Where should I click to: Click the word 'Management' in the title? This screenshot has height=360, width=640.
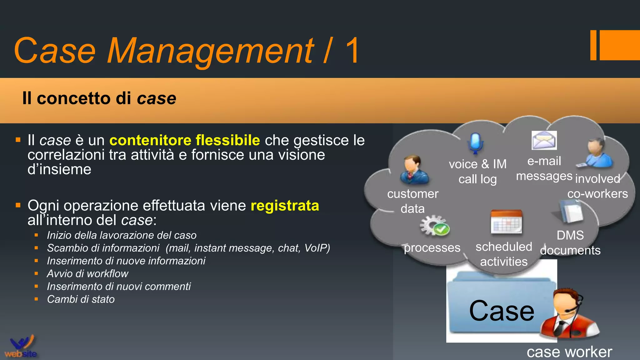pos(210,51)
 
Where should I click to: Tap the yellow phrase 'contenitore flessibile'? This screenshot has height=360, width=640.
pos(184,140)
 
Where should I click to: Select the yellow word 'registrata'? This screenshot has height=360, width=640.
pos(285,206)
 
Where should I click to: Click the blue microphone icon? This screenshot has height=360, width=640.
pos(475,143)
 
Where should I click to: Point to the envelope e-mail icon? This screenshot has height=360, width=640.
pos(544,140)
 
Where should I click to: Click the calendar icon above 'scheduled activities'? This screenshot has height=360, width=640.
pos(506,222)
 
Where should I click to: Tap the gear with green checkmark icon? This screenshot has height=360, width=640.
pos(434,226)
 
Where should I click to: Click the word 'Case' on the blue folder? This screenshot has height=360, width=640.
pos(502,311)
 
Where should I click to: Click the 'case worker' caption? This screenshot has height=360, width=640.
pos(569,352)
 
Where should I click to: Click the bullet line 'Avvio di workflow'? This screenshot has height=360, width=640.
pos(87,274)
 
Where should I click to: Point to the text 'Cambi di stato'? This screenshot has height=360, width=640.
pos(81,299)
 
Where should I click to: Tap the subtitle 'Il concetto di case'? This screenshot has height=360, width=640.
pos(99,98)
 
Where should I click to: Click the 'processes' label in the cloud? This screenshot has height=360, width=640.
pos(432,248)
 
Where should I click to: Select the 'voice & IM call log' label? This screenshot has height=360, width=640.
pos(477,172)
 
